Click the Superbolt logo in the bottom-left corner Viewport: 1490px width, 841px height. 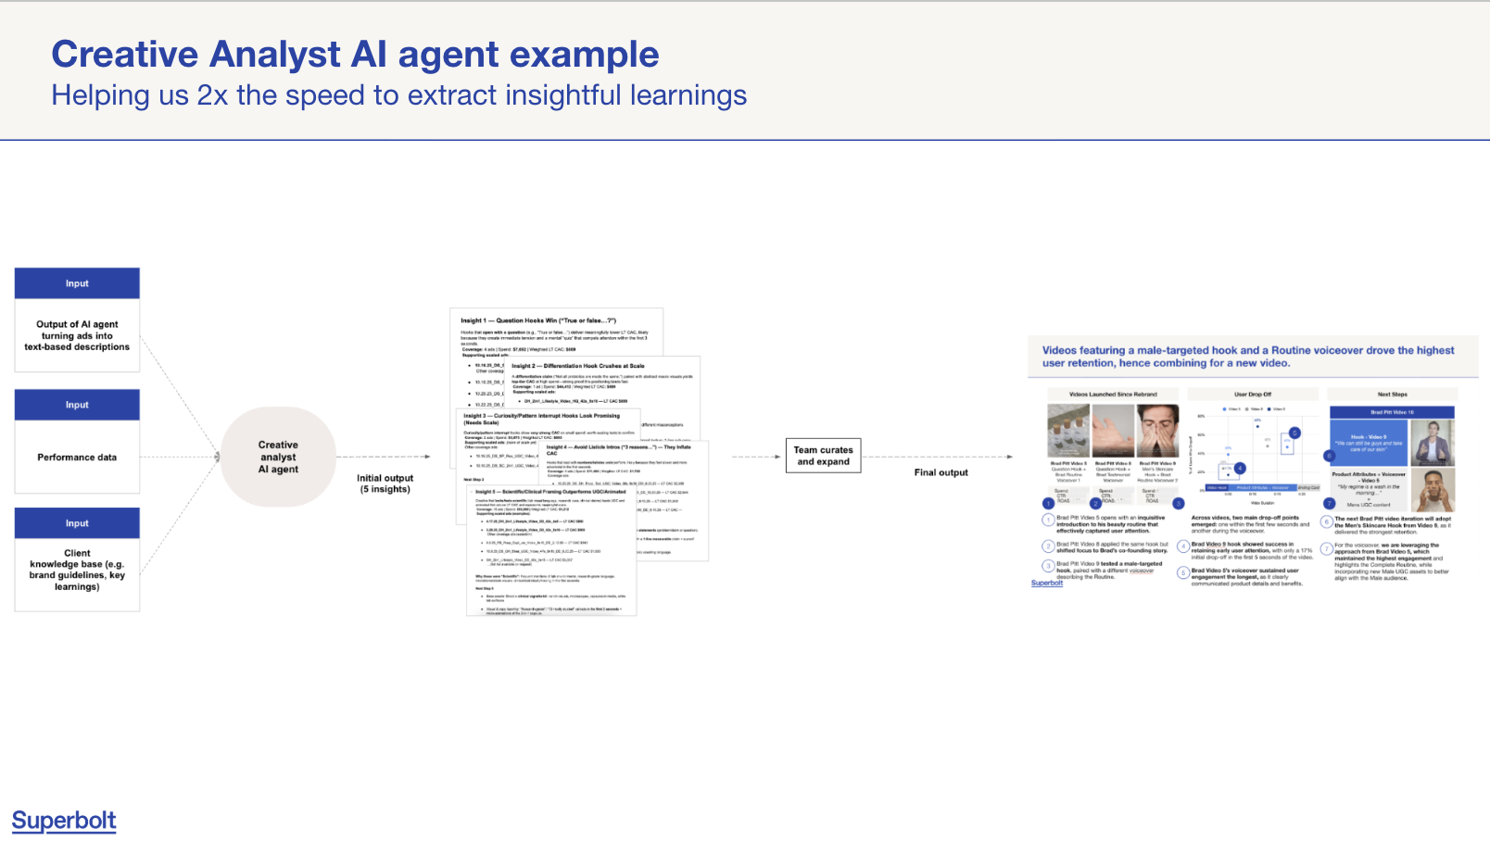pyautogui.click(x=64, y=821)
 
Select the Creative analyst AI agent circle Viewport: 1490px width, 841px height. pyautogui.click(x=278, y=457)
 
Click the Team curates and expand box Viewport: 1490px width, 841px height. pyautogui.click(x=823, y=456)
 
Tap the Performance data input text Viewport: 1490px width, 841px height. pyautogui.click(x=77, y=458)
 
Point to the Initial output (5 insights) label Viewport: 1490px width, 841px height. pyautogui.click(x=385, y=483)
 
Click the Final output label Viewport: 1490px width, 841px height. pyautogui.click(x=941, y=472)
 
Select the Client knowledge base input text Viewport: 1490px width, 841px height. pyautogui.click(x=77, y=570)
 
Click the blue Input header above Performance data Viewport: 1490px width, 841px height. pyautogui.click(x=77, y=405)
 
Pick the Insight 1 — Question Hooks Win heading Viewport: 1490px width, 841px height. pyautogui.click(x=538, y=320)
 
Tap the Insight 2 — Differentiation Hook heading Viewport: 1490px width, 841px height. pyautogui.click(x=578, y=366)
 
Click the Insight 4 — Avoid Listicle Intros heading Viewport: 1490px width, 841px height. pyautogui.click(x=618, y=447)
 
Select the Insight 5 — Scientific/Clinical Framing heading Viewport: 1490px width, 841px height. pyautogui.click(x=550, y=492)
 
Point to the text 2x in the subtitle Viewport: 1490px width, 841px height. pyautogui.click(x=212, y=95)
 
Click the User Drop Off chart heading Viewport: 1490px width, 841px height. pyautogui.click(x=1253, y=395)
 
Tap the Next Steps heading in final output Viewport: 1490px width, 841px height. pyautogui.click(x=1392, y=395)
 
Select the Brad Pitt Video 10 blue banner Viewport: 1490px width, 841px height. pyautogui.click(x=1392, y=412)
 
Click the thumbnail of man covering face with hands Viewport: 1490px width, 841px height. pyautogui.click(x=1157, y=431)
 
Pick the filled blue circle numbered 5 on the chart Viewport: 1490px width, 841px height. pyautogui.click(x=1294, y=433)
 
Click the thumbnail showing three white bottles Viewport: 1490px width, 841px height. pyautogui.click(x=1068, y=431)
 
